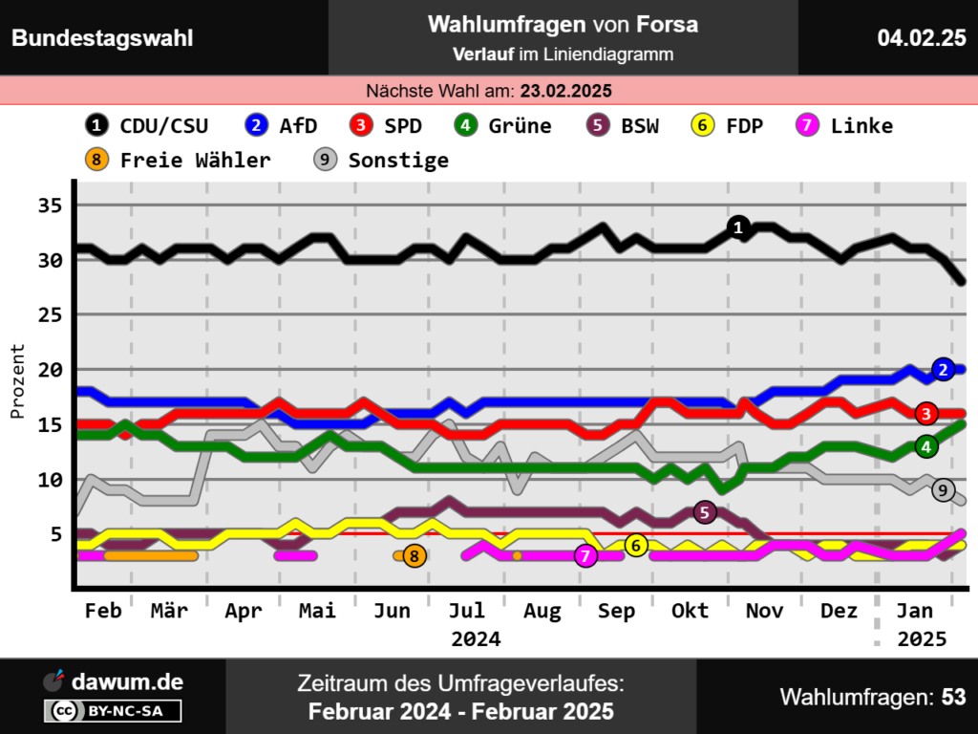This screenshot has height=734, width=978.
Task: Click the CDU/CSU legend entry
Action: tap(148, 125)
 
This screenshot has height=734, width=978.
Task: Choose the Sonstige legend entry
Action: tap(382, 160)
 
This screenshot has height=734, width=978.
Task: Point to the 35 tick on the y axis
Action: tap(51, 205)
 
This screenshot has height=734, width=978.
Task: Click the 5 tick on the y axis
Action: tap(56, 533)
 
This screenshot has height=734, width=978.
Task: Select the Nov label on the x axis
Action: tap(763, 611)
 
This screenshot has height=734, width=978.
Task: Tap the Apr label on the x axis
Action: tap(243, 611)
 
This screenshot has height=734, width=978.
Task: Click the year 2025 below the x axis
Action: tap(922, 638)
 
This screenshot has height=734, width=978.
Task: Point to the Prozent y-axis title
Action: tap(17, 381)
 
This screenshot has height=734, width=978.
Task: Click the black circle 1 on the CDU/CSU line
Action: tap(737, 227)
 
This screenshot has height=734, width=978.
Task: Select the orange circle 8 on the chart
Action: tap(414, 555)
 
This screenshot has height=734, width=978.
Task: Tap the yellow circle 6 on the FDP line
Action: tap(637, 545)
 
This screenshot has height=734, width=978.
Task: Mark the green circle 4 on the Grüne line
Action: tap(925, 446)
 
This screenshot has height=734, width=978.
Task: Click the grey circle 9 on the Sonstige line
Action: tap(943, 490)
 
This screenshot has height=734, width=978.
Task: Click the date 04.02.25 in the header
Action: tap(922, 38)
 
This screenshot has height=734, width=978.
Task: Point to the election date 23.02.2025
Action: tap(565, 91)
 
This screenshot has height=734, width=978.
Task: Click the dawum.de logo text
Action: tap(127, 681)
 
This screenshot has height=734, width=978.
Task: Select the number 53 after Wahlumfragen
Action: tap(953, 697)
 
